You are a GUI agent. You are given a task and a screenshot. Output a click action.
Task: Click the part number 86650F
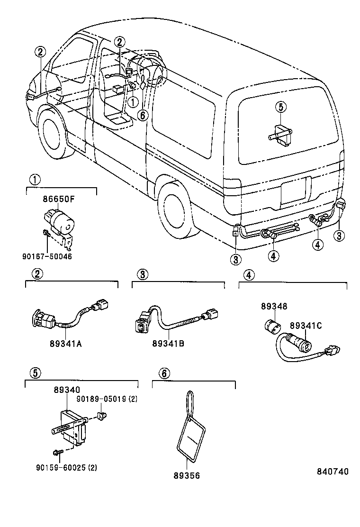tap(59, 200)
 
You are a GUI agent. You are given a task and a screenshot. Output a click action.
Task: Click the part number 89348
tap(273, 307)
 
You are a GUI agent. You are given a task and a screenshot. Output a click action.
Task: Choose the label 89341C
tap(306, 326)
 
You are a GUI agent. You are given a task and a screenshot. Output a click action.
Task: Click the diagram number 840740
tap(333, 472)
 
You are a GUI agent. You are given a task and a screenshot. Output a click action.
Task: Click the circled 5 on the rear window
tap(280, 108)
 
